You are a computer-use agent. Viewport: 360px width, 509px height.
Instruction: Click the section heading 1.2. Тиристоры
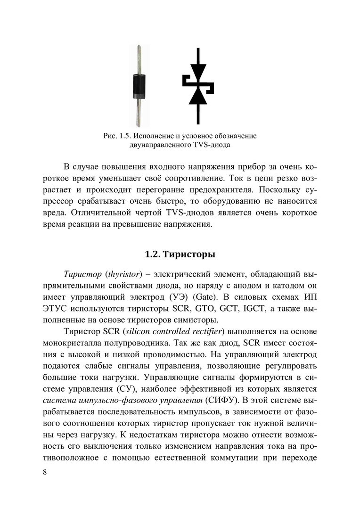(x=180, y=255)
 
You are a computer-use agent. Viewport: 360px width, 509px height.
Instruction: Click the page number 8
(x=44, y=473)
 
